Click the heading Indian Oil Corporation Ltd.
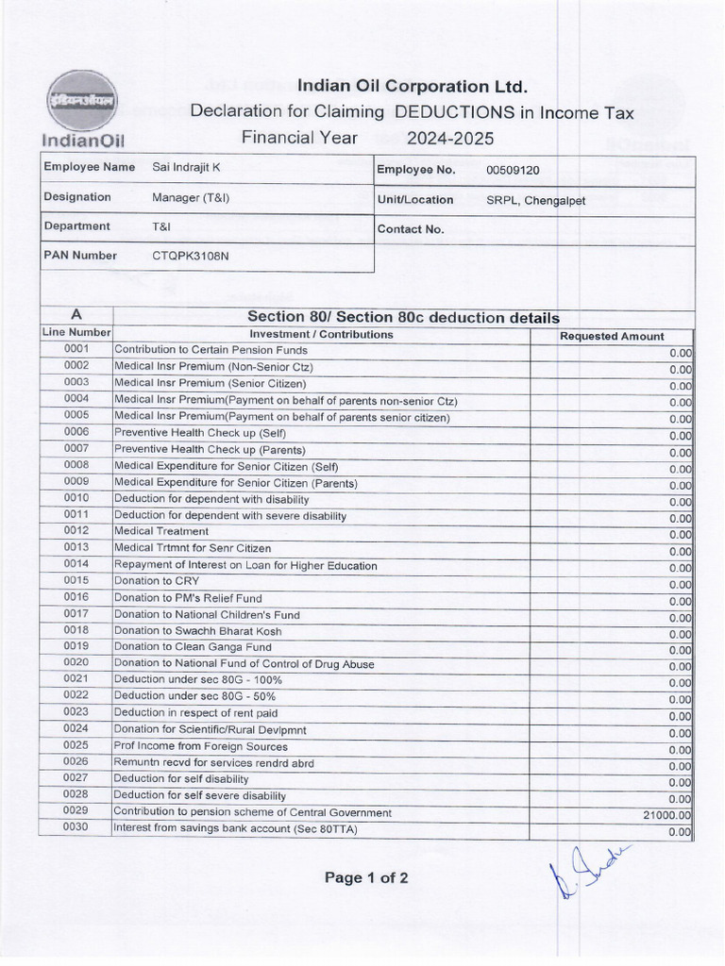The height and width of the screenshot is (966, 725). pos(413,87)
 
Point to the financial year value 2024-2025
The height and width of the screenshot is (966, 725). pos(450,139)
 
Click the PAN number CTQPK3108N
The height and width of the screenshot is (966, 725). pos(190,256)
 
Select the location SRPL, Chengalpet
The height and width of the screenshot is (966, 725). pos(536,200)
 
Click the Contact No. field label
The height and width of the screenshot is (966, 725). pos(410,229)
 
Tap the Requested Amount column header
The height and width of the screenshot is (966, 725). pos(612,336)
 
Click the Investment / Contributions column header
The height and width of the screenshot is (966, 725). pos(321,334)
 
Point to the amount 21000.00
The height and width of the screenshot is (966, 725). pos(667,814)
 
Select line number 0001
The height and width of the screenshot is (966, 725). pos(76,349)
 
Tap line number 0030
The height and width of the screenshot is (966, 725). pos(76,827)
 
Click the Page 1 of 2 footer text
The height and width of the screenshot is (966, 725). pos(366,878)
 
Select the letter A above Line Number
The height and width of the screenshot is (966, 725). pos(76,317)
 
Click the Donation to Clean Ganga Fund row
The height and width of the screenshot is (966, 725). pos(193,647)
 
